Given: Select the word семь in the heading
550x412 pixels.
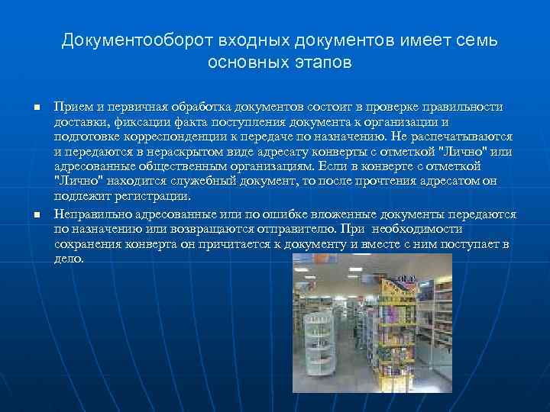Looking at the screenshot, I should pyautogui.click(x=474, y=40).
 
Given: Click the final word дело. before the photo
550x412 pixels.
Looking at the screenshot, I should pyautogui.click(x=70, y=259).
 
